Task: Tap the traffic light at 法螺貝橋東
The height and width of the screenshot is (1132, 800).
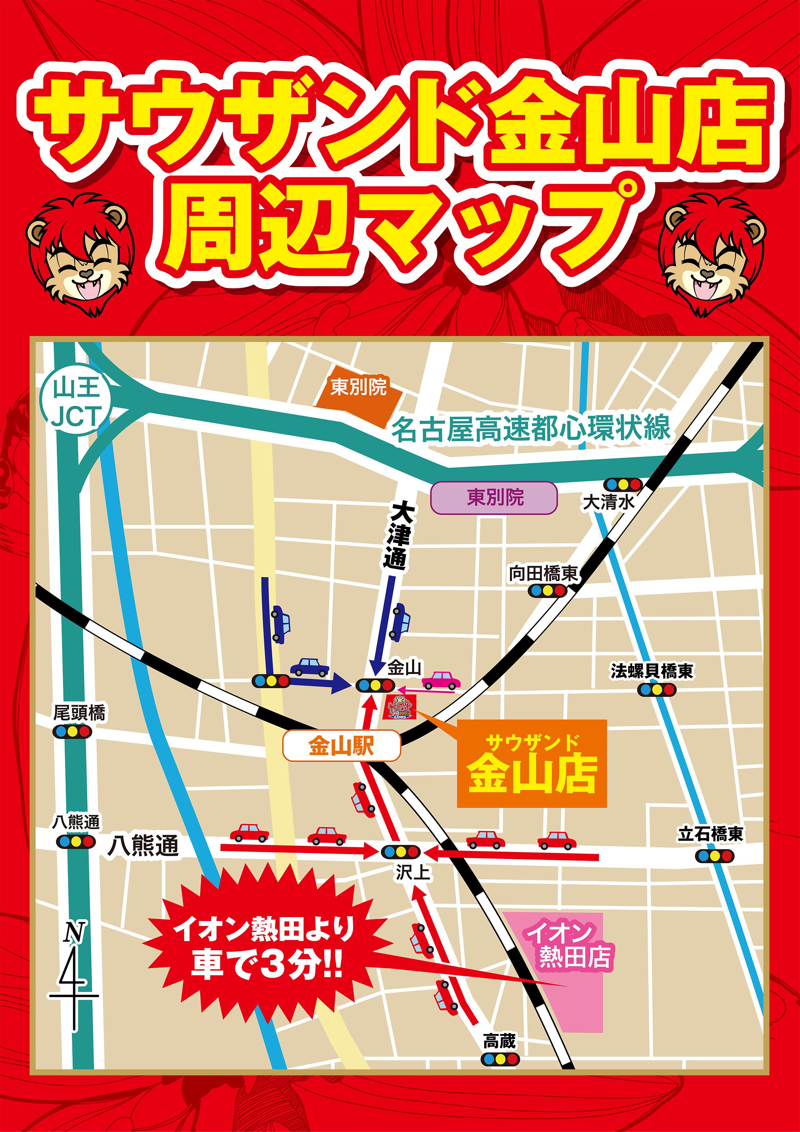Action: click(657, 690)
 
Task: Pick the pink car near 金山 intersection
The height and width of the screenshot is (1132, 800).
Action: click(441, 680)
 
